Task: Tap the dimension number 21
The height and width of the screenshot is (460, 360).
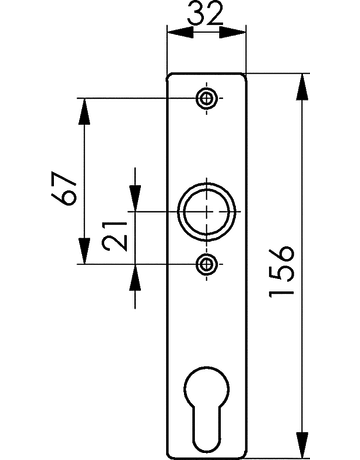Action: tap(117, 236)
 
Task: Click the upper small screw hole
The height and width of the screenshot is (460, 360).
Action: tap(207, 98)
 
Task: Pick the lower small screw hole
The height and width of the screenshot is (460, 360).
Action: tap(207, 264)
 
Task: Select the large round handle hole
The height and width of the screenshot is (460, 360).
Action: tap(208, 213)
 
